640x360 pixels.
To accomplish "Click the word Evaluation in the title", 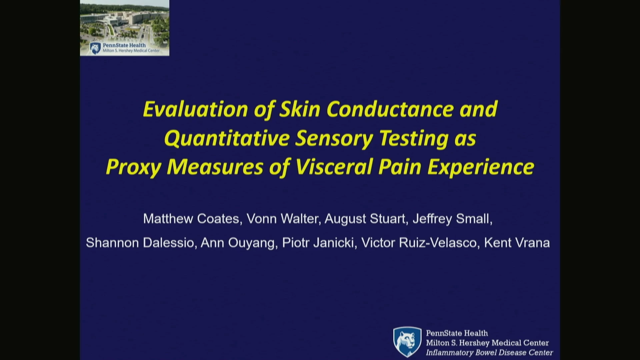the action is tap(196, 109).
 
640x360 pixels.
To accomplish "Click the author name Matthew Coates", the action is tap(191, 219).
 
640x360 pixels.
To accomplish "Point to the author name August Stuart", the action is tap(365, 219).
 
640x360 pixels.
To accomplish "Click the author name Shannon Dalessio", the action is tap(140, 243).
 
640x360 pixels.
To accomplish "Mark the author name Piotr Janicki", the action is tap(318, 243).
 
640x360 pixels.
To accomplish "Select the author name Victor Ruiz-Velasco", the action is tap(419, 243).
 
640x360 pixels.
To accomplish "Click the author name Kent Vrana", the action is tap(517, 243).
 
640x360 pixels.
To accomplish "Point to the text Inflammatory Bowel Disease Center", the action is tap(489, 353).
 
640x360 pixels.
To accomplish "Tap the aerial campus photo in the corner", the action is tap(125, 28).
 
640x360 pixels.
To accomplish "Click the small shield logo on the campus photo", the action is tap(95, 48).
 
